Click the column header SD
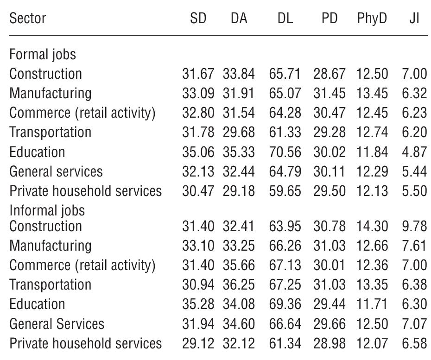pyautogui.click(x=198, y=19)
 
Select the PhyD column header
pyautogui.click(x=372, y=19)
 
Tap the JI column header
pyautogui.click(x=414, y=19)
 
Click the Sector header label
pyautogui.click(x=28, y=19)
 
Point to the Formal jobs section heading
pyautogui.click(x=43, y=55)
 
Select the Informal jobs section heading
pyautogui.click(x=47, y=210)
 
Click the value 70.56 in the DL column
pyautogui.click(x=285, y=152)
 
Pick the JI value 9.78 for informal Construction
pyautogui.click(x=414, y=226)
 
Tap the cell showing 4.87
pyautogui.click(x=414, y=152)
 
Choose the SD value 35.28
pyautogui.click(x=198, y=304)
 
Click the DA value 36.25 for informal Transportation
pyautogui.click(x=239, y=284)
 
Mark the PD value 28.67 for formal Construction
pyautogui.click(x=329, y=74)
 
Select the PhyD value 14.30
pyautogui.click(x=372, y=226)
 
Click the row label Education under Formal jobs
pyautogui.click(x=37, y=152)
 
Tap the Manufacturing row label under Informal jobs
pyautogui.click(x=50, y=246)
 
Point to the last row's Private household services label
pyautogui.click(x=85, y=343)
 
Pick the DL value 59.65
pyautogui.click(x=285, y=191)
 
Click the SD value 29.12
pyautogui.click(x=198, y=343)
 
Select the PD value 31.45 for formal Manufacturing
pyautogui.click(x=329, y=94)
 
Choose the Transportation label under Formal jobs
pyautogui.click(x=50, y=133)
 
